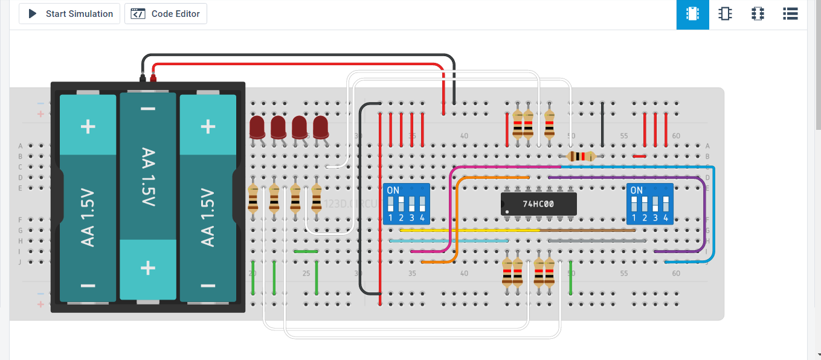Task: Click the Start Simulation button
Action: (x=69, y=14)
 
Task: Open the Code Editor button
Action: (x=166, y=14)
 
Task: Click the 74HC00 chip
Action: (x=538, y=204)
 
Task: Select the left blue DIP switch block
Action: (x=407, y=204)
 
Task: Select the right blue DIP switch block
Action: (x=650, y=204)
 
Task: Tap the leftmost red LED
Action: (x=257, y=127)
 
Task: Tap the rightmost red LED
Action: (x=320, y=127)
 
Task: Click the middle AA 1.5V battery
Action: (x=148, y=196)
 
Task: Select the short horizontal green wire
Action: (x=306, y=251)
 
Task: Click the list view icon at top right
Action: (x=790, y=14)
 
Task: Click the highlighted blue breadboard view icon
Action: (x=692, y=14)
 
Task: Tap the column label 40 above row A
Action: (x=464, y=136)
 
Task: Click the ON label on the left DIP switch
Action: (x=393, y=190)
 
